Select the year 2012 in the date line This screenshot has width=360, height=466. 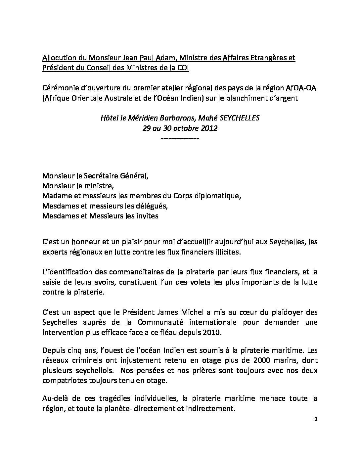209,128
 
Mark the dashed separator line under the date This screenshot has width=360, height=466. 180,138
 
